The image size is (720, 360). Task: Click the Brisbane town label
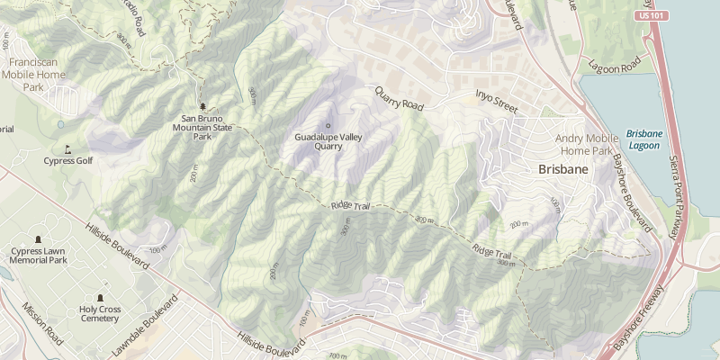(x=562, y=169)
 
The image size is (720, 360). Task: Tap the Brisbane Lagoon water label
(x=643, y=139)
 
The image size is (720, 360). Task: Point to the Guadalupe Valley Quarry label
(x=327, y=141)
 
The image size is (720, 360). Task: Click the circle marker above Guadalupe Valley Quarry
(x=328, y=125)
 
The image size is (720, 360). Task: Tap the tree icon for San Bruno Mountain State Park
(x=202, y=106)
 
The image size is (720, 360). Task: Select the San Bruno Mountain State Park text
(x=202, y=127)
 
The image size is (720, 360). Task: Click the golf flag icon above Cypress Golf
(x=67, y=148)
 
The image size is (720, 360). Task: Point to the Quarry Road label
(x=399, y=98)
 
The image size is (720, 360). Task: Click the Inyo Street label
(x=497, y=101)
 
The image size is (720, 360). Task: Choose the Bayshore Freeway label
(x=637, y=319)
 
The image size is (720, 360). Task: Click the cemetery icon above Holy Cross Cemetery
(x=99, y=298)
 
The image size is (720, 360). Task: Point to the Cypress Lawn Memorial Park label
(x=39, y=255)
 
